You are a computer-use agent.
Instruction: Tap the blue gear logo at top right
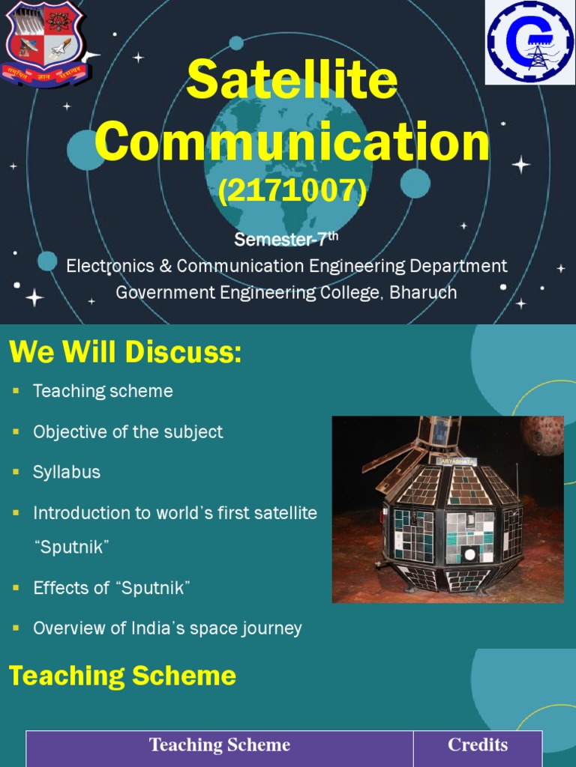coord(530,42)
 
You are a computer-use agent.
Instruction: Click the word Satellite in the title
coord(292,80)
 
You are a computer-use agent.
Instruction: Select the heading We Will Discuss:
coord(125,352)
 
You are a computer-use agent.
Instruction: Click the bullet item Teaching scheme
coord(103,391)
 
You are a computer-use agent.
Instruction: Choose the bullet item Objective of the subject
coord(127,432)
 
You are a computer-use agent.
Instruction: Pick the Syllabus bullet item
coord(67,473)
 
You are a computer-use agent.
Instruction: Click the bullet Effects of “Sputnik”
coord(112,588)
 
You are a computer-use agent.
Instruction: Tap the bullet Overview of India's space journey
coord(167,628)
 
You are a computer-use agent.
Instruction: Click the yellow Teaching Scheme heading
coord(122,676)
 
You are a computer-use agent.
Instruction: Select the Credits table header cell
coord(478,745)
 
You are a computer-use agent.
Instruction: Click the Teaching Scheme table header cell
coord(219,745)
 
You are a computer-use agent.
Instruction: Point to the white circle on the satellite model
coord(470,555)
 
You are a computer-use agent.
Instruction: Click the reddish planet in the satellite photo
coord(543,434)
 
